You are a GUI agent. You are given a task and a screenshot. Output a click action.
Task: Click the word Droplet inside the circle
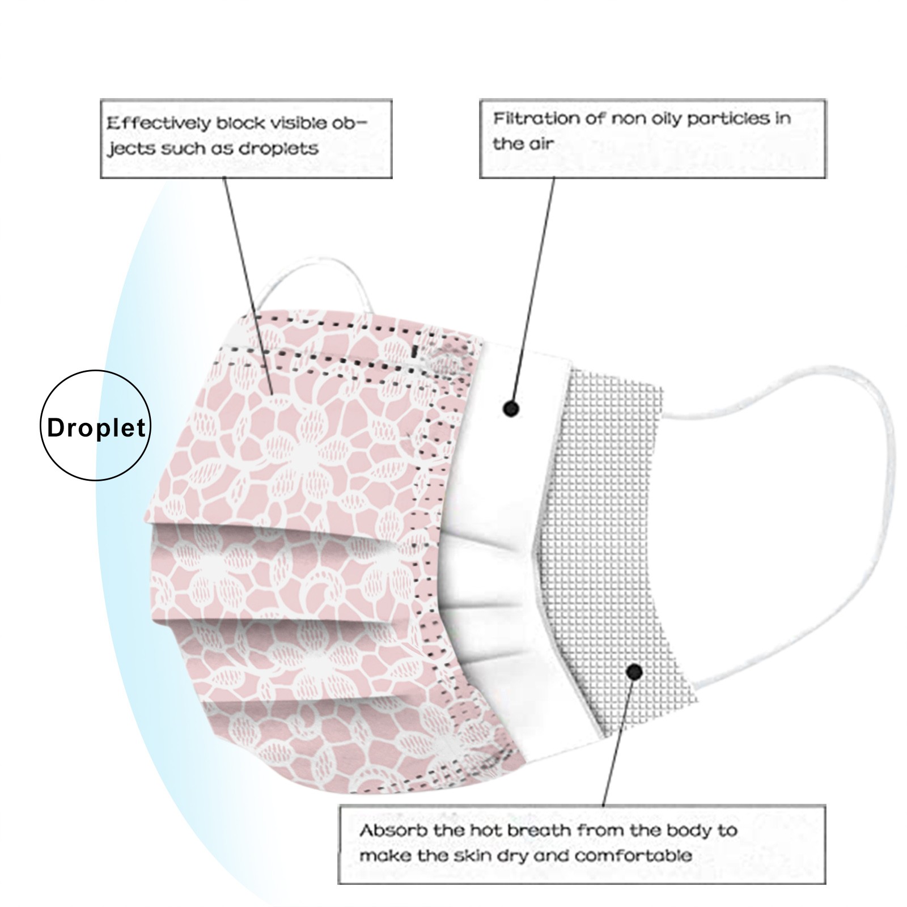[x=96, y=427]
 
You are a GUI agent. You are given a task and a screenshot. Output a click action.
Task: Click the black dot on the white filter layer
[x=511, y=408]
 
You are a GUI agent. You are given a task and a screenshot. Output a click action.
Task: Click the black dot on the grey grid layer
[x=635, y=672]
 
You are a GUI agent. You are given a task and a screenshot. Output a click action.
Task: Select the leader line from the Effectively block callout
[x=248, y=286]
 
